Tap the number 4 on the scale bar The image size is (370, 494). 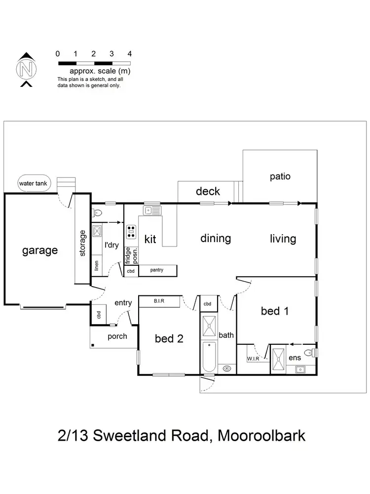click(129, 53)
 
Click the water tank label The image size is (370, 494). click(33, 184)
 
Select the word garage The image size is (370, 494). click(39, 250)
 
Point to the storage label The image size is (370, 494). click(82, 243)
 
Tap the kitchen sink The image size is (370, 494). click(151, 211)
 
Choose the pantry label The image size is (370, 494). click(157, 270)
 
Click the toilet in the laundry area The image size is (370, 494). click(97, 213)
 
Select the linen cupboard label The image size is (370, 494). click(97, 266)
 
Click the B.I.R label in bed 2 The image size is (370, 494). click(159, 300)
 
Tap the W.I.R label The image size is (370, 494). click(253, 359)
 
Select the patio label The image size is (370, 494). click(280, 176)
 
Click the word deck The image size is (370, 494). click(208, 191)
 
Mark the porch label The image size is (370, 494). click(117, 336)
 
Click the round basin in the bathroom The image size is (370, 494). click(227, 368)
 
